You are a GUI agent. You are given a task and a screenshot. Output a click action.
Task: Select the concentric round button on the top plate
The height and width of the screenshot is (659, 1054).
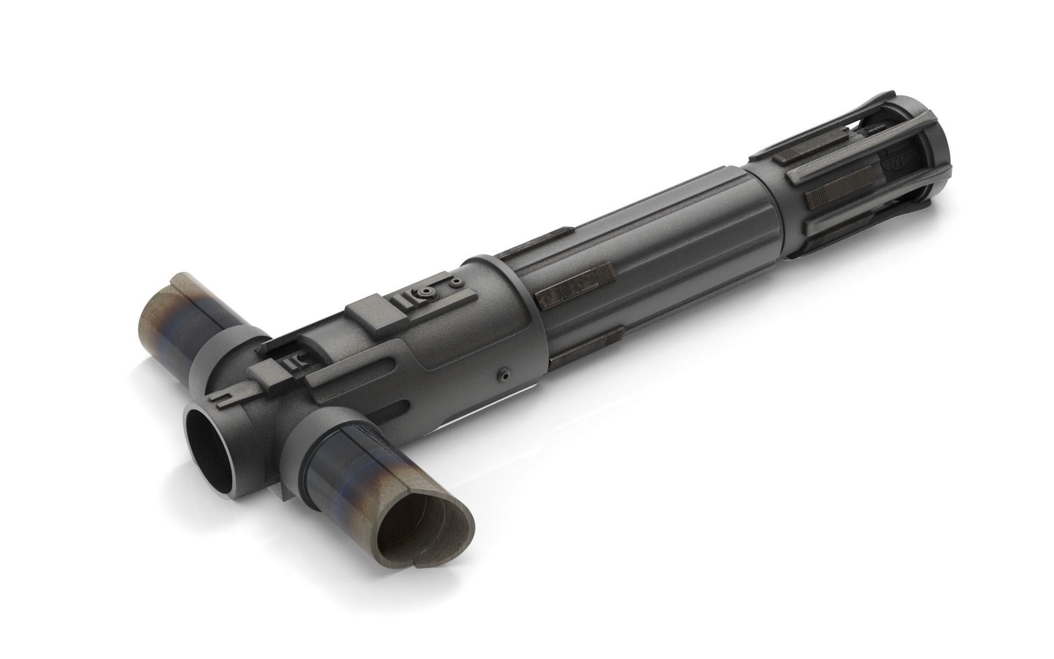[424, 294]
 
